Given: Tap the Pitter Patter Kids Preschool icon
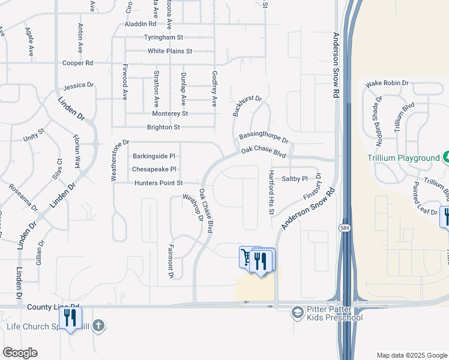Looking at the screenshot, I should tap(297, 312).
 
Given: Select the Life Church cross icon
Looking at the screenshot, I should tap(98, 326).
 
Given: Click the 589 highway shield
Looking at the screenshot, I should tap(344, 228).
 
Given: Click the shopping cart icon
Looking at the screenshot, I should tap(246, 256).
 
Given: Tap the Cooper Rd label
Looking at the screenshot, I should tap(78, 63).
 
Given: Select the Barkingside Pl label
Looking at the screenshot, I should tap(154, 156).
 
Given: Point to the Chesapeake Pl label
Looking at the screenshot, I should tap(154, 170).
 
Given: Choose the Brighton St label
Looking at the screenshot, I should tap(163, 127).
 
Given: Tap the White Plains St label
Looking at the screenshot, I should tap(170, 51).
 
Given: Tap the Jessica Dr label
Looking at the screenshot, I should tap(79, 86).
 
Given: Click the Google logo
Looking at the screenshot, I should tap(20, 353).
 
